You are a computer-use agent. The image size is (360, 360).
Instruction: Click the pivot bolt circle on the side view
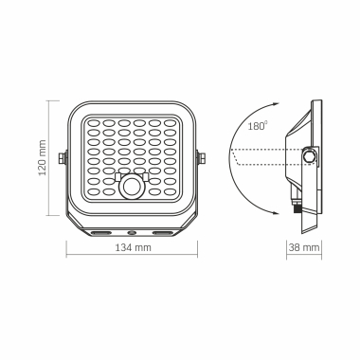pyautogui.click(x=309, y=155)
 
